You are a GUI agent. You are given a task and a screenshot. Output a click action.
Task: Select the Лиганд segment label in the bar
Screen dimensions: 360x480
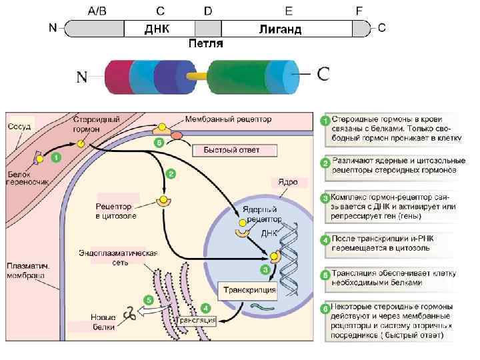point(280,29)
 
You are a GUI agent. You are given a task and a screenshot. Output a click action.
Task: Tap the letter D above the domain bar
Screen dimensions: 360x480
point(208,11)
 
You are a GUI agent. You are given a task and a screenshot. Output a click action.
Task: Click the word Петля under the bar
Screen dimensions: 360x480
point(205,43)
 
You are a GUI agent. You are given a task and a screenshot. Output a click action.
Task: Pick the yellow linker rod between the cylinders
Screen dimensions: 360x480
point(197,76)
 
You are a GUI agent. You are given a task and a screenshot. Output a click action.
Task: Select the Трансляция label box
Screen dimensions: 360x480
point(199,321)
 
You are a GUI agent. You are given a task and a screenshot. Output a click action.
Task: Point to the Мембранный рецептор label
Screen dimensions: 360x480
point(229,119)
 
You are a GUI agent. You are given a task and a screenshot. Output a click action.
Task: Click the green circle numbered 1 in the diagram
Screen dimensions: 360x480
point(57,158)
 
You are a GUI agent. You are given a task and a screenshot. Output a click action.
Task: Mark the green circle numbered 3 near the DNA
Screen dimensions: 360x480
point(265,270)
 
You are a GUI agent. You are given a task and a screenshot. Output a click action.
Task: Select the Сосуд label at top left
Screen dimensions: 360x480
point(18,126)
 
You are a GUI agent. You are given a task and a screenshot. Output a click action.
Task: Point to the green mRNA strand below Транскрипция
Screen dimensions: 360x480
point(262,307)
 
